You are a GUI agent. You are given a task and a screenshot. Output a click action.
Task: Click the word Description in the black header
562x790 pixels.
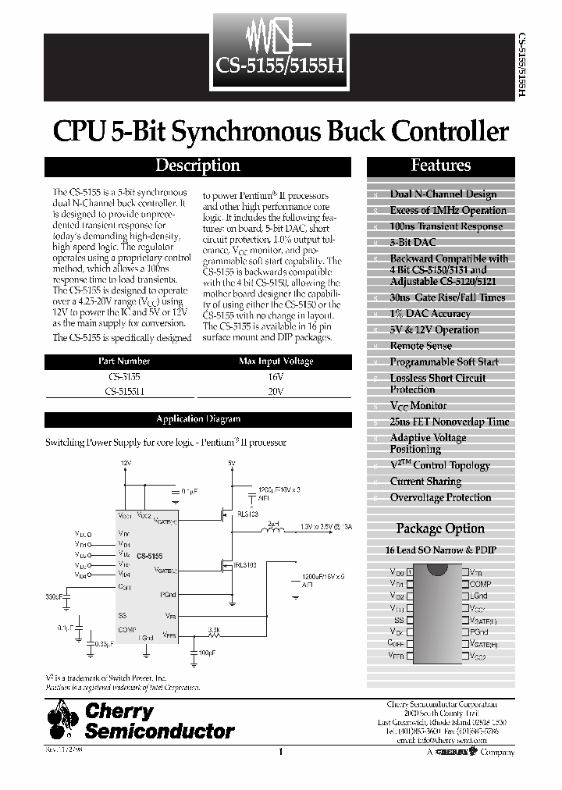tap(197, 165)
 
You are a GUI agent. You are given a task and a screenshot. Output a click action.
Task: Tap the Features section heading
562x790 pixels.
tap(441, 165)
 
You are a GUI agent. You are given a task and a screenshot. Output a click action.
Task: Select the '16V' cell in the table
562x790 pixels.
tap(276, 376)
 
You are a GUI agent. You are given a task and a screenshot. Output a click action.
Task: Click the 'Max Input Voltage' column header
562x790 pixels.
tap(276, 361)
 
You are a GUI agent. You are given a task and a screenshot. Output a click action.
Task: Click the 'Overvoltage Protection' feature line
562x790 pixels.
tap(440, 497)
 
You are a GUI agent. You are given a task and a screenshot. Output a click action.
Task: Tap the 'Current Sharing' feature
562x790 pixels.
tap(425, 482)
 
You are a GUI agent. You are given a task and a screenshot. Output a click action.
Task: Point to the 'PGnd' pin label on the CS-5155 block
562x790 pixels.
tap(169, 595)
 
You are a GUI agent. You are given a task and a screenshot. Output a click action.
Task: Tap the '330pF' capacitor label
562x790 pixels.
tap(54, 596)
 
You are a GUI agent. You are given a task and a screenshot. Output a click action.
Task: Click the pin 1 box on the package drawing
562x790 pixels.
tap(410, 572)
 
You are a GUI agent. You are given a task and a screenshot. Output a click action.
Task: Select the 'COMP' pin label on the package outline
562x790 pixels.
tap(480, 584)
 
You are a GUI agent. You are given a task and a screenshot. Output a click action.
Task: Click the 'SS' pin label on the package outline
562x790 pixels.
tap(398, 619)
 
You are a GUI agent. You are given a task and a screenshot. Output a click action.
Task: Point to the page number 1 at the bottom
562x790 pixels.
tap(279, 752)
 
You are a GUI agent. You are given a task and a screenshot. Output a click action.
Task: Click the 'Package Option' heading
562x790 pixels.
tap(441, 529)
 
